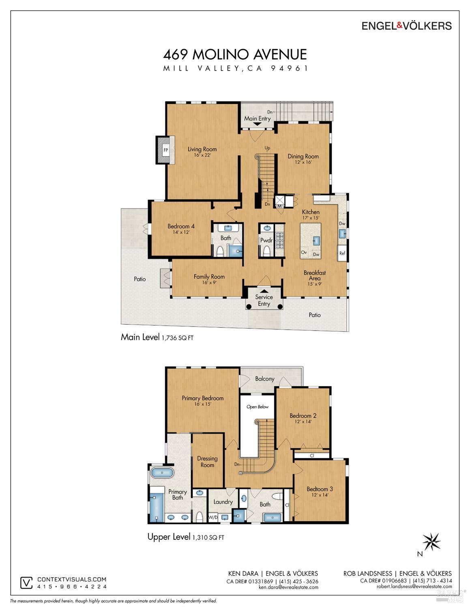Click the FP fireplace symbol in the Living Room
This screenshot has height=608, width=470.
pyautogui.click(x=166, y=150)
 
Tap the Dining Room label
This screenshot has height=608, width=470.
pyautogui.click(x=303, y=157)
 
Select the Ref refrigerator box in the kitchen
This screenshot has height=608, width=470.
pyautogui.click(x=342, y=253)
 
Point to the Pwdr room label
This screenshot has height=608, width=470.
pyautogui.click(x=266, y=240)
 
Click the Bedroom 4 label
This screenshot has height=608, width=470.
pyautogui.click(x=181, y=226)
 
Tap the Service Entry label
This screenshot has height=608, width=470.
pyautogui.click(x=264, y=300)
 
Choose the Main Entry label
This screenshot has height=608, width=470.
pyautogui.click(x=258, y=118)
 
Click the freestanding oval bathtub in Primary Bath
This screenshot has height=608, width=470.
pyautogui.click(x=162, y=473)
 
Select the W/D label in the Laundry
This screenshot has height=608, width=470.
pyautogui.click(x=213, y=517)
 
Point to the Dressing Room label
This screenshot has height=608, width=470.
pyautogui.click(x=207, y=462)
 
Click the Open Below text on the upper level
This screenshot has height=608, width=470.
pyautogui.click(x=258, y=407)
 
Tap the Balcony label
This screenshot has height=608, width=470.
pyautogui.click(x=265, y=379)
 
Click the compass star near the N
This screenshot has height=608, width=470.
pyautogui.click(x=431, y=542)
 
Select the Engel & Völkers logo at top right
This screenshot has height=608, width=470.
pyautogui.click(x=406, y=26)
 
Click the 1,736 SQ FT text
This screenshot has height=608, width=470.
pyautogui.click(x=178, y=338)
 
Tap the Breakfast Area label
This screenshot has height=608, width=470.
pyautogui.click(x=315, y=275)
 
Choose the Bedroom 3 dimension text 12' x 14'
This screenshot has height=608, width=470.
pyautogui.click(x=320, y=495)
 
